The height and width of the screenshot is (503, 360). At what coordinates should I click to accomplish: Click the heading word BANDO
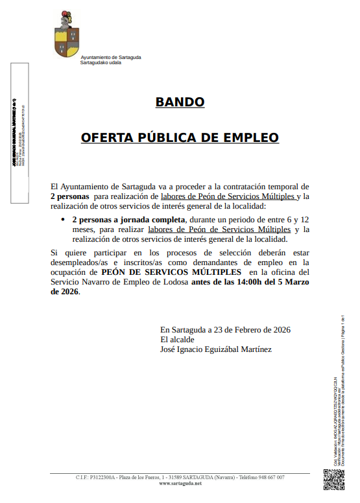pyautogui.click(x=180, y=102)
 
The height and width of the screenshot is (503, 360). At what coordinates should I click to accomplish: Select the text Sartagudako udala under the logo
pyautogui.click(x=101, y=62)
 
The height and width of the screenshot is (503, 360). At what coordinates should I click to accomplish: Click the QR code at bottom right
pyautogui.click(x=333, y=480)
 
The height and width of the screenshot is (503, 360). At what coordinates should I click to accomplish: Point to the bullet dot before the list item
pyautogui.click(x=63, y=220)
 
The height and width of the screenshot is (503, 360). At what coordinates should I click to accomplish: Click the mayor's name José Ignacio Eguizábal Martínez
pyautogui.click(x=215, y=349)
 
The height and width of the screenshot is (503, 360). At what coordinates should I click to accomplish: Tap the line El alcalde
pyautogui.click(x=177, y=340)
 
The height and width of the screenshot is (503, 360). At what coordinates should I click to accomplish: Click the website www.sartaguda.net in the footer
pyautogui.click(x=180, y=484)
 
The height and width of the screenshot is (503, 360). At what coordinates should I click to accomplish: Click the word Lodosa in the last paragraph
pyautogui.click(x=175, y=282)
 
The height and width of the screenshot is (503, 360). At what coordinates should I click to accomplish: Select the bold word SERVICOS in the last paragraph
pyautogui.click(x=167, y=272)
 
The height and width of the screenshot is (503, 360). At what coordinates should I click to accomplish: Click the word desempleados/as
pyautogui.click(x=77, y=263)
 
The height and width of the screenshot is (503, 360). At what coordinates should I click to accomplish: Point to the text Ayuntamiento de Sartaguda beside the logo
pyautogui.click(x=110, y=57)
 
